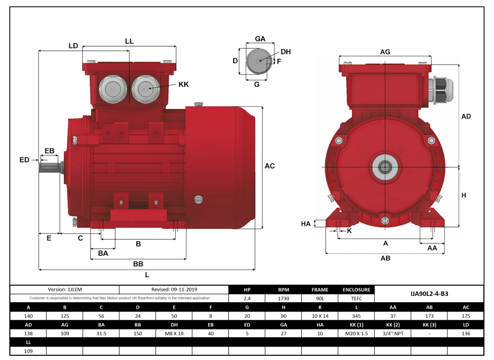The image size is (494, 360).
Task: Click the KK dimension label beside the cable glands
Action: (x=183, y=84)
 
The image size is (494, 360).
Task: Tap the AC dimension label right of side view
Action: (x=270, y=166)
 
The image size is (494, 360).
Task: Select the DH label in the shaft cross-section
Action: (x=286, y=52)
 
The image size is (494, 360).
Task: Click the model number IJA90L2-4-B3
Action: (x=429, y=293)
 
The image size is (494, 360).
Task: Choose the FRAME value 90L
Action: (x=320, y=299)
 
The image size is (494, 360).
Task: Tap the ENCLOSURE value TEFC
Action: (x=357, y=299)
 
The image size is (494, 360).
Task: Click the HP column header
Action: (x=247, y=290)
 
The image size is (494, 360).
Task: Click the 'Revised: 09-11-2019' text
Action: (x=174, y=290)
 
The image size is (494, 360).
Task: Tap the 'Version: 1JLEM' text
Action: (x=65, y=290)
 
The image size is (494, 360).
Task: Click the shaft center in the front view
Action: (x=384, y=167)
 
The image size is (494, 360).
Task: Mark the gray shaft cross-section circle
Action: (x=257, y=61)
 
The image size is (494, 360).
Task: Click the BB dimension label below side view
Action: (x=138, y=264)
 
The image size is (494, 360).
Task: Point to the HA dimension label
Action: (x=306, y=224)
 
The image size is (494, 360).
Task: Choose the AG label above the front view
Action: (x=385, y=52)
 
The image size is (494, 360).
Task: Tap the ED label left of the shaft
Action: (x=24, y=160)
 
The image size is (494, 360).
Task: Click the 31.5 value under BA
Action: (x=101, y=334)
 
